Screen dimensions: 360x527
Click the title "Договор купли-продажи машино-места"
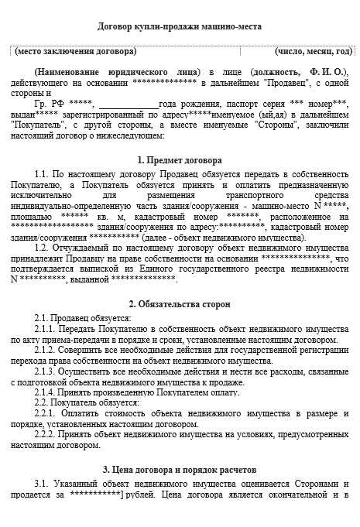[180, 26]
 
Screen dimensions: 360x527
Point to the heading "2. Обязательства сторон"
[179, 304]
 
